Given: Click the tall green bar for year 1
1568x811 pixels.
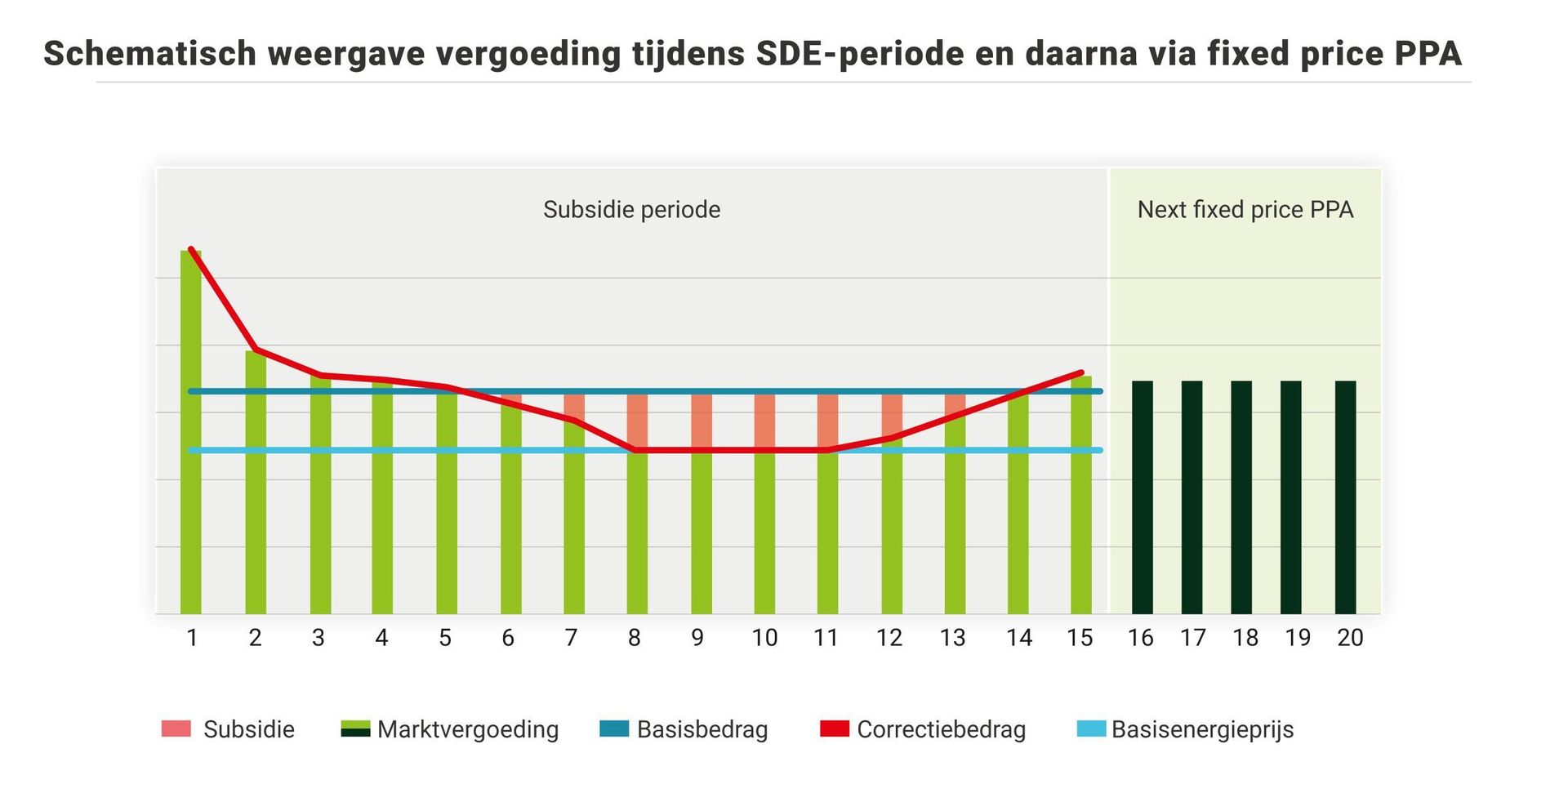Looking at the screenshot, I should point(191,433).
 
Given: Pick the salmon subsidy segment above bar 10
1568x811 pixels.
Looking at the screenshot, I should point(764,421).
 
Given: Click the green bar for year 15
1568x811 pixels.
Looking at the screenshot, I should point(1080,498).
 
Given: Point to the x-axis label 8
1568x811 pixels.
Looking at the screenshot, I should point(634,638).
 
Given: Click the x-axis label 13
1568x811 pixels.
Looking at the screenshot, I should point(952,638).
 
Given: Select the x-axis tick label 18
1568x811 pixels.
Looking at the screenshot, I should point(1245,638).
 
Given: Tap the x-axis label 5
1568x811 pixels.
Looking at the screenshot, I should point(445,638).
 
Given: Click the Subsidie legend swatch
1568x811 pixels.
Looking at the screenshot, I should point(176,729).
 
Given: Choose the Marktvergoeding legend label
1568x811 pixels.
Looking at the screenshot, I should point(468,729).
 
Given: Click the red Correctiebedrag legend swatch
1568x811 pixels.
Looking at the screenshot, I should point(835,729).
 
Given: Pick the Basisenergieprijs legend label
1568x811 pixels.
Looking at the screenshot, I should point(1202,729).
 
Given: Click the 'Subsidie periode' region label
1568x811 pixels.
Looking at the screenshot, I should point(631,210).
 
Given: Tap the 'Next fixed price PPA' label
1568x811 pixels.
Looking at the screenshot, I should point(1245,210).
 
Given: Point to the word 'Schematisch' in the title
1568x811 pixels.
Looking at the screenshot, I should point(149,54).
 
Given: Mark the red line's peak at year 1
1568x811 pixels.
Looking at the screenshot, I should point(191,249).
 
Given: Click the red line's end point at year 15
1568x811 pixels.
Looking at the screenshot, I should point(1081,372).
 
